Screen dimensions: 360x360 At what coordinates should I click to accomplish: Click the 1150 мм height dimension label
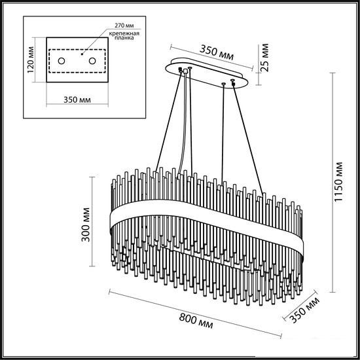click(338, 182)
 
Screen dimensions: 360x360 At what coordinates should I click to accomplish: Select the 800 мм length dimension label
click(196, 321)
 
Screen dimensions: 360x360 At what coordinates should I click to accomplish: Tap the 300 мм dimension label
click(86, 225)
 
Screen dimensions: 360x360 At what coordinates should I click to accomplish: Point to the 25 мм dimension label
click(264, 58)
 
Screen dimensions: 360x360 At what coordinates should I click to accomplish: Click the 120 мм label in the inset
click(31, 60)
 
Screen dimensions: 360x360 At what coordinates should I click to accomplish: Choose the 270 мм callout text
click(124, 26)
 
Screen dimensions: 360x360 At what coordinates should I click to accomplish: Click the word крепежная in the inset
click(124, 34)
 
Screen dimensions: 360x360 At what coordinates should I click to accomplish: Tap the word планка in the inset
click(124, 38)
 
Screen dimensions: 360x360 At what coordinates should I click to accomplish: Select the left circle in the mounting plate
click(62, 61)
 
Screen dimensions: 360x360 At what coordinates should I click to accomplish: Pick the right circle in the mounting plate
click(92, 61)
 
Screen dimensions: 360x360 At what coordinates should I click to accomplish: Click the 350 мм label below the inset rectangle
click(77, 100)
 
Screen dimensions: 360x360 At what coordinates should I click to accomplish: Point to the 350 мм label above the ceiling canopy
click(216, 52)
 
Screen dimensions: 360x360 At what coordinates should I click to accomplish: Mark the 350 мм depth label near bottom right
click(304, 310)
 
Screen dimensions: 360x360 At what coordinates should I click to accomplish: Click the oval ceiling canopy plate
click(207, 73)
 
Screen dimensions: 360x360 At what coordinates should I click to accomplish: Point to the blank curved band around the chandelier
click(207, 221)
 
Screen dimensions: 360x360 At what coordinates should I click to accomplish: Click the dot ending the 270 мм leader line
click(82, 54)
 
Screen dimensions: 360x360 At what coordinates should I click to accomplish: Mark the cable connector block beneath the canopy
click(185, 71)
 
